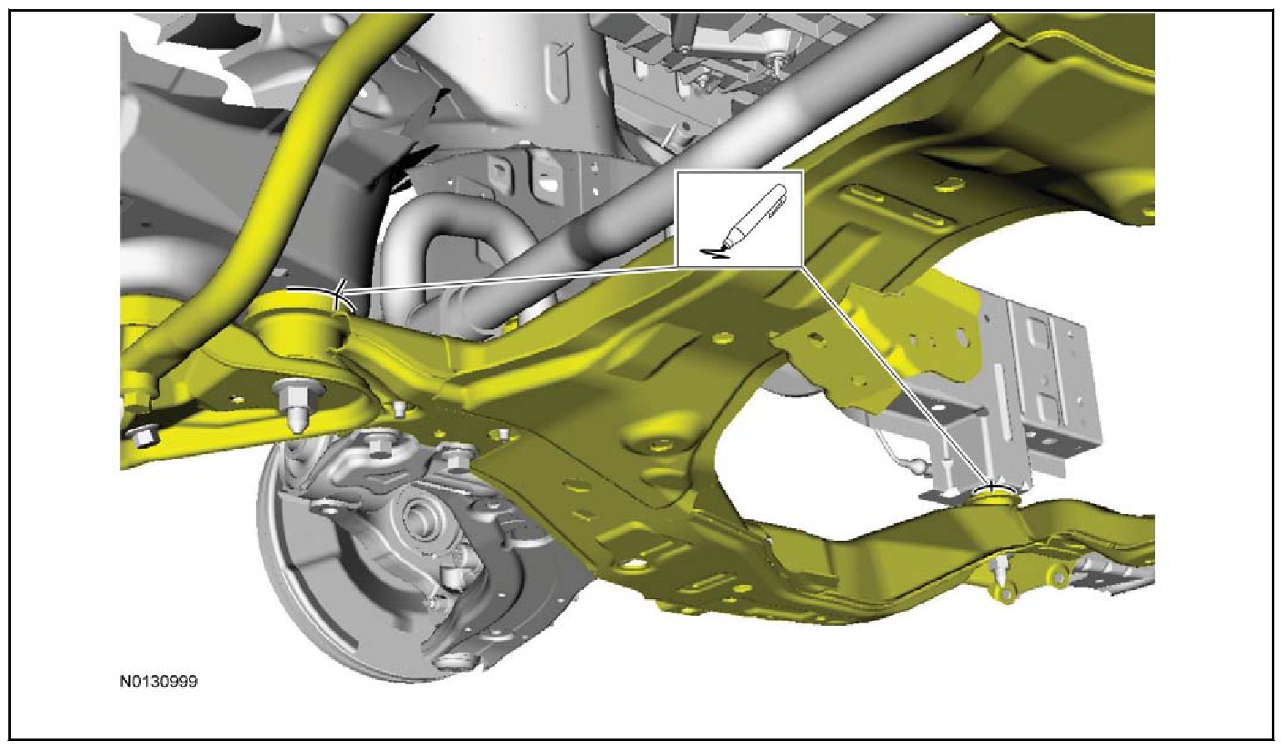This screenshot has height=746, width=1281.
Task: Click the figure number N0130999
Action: [158, 682]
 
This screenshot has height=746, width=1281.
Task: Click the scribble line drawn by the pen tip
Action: [715, 252]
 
